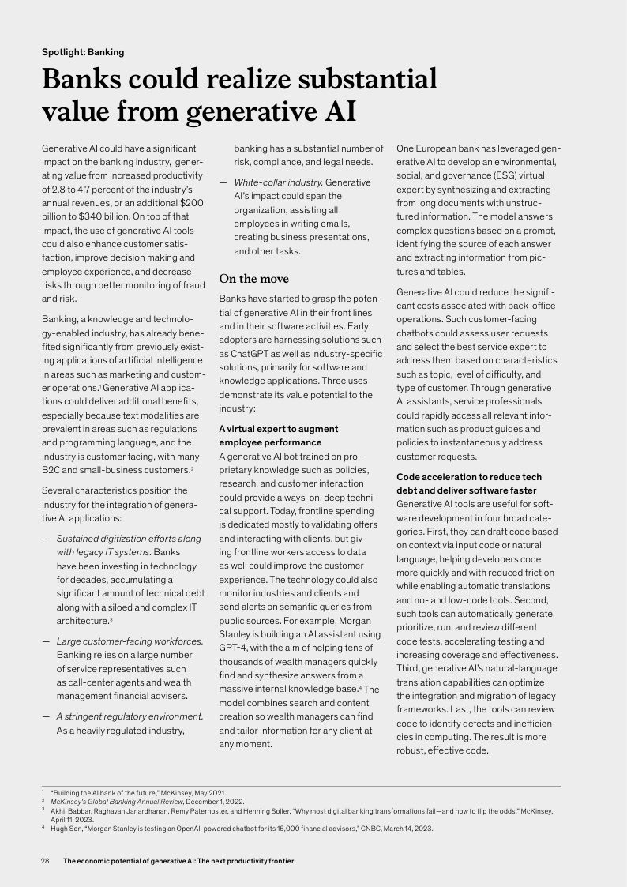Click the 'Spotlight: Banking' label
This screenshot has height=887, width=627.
83,52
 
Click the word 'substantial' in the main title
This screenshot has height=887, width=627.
358,81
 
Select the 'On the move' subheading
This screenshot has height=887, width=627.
253,279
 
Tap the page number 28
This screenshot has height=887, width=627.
46,861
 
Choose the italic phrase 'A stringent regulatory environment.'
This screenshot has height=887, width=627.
130,716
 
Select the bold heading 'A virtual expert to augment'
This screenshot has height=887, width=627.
278,429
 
